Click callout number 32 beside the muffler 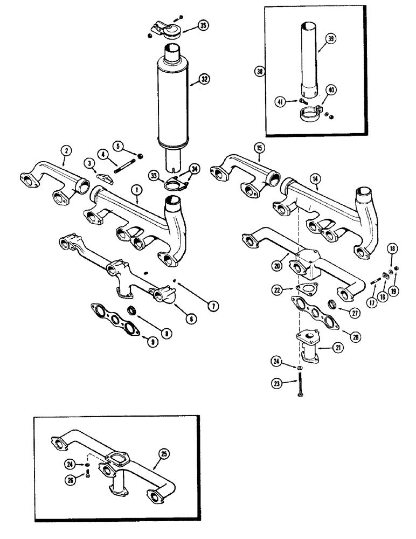tap(204, 79)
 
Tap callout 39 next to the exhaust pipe tap(330, 37)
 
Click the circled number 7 tap(214, 306)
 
